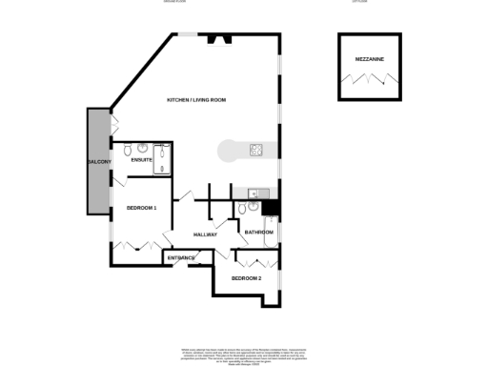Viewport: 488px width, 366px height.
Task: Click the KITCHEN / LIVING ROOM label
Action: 195,100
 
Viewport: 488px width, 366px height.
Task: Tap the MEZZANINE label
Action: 371,58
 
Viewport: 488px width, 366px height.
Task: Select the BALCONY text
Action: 99,163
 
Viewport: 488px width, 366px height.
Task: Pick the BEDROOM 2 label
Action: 246,278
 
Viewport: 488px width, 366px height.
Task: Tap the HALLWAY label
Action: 206,234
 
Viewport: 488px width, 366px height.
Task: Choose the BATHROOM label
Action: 259,233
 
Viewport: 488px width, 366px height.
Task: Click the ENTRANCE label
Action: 181,258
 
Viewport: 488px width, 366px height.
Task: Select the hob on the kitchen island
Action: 256,150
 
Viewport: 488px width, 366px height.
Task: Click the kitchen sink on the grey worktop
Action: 253,193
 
